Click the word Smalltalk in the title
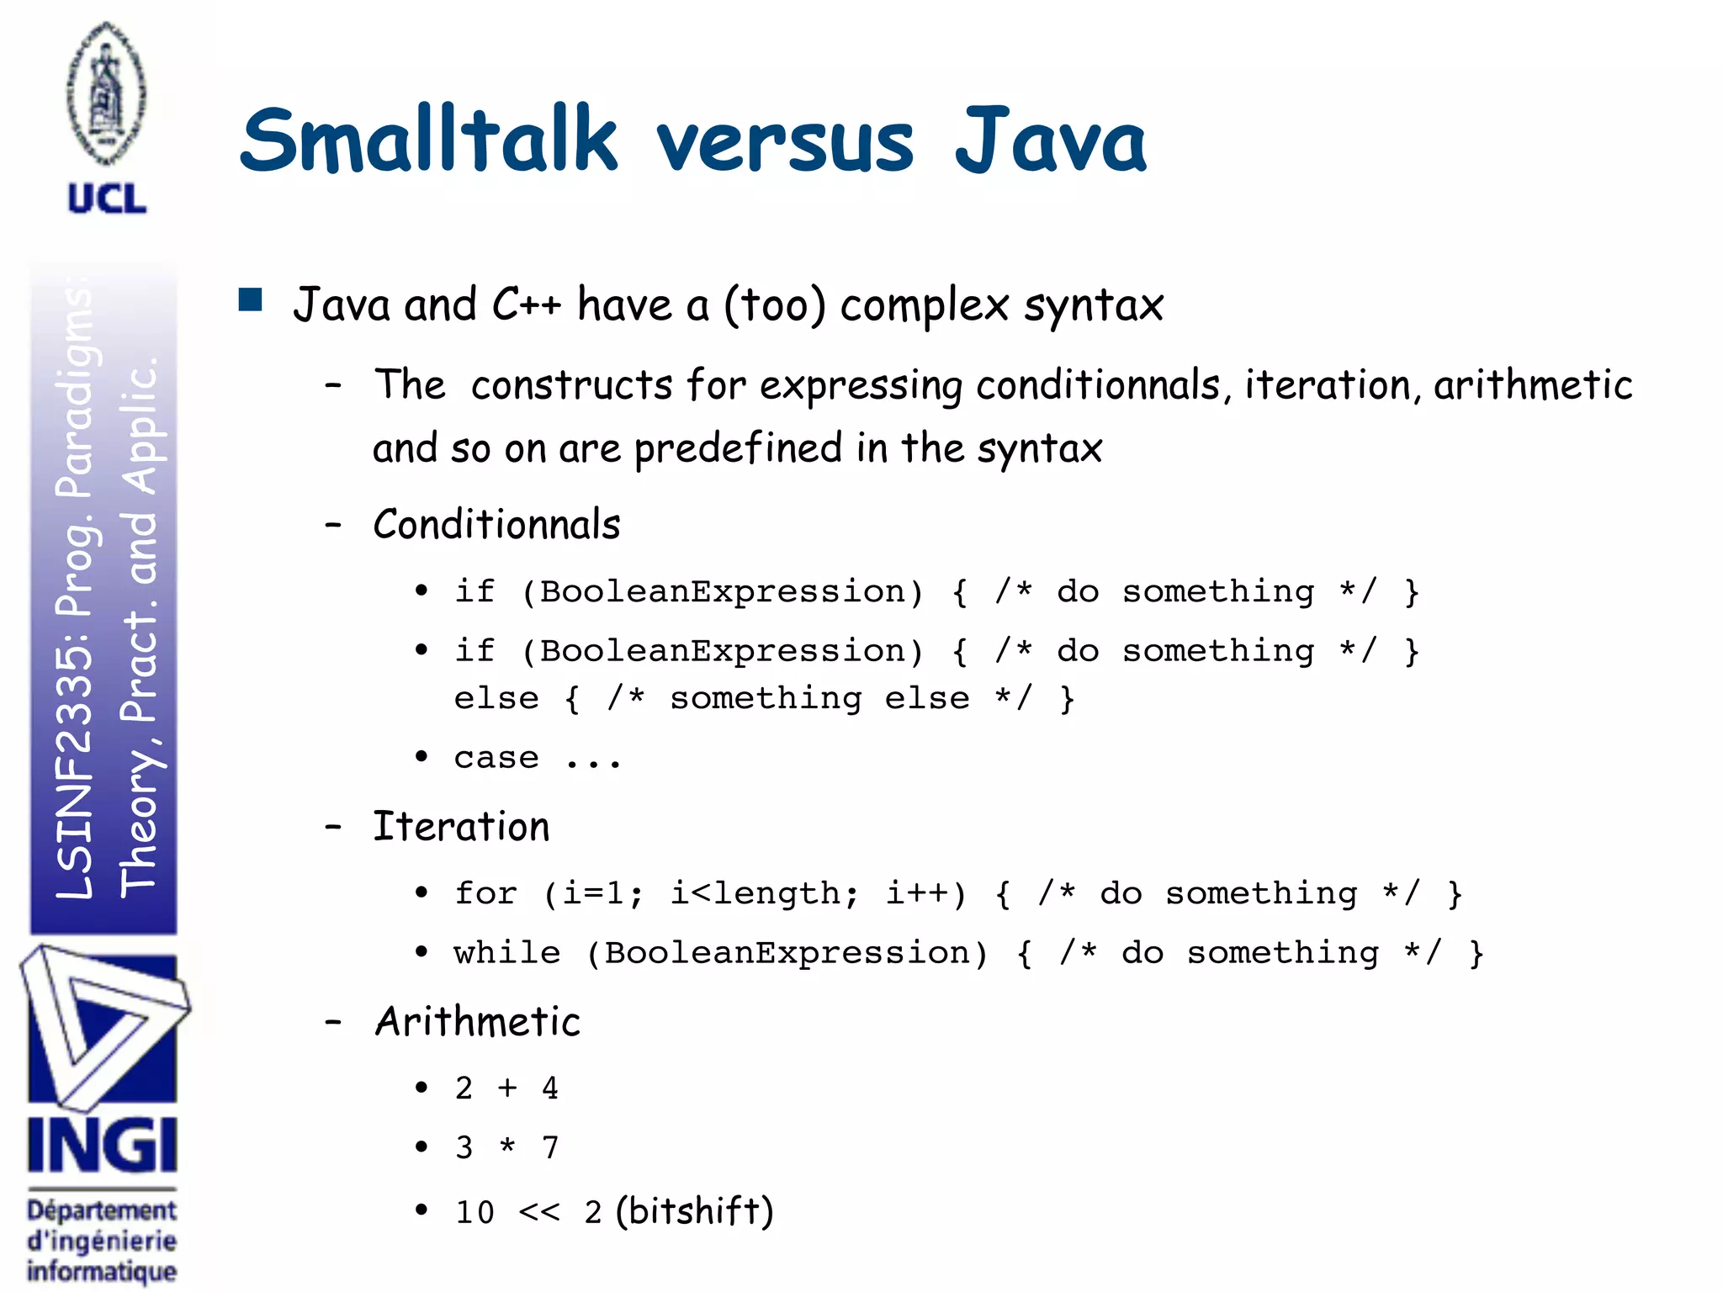429,140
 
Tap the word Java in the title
1050,140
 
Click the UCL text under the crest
107,199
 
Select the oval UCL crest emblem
107,93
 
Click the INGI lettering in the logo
102,1146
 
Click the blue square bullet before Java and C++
251,300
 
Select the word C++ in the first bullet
527,304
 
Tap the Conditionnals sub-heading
496,525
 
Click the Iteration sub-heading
461,827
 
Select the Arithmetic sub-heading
477,1022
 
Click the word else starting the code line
496,699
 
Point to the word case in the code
496,759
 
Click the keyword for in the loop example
485,893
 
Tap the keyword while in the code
506,953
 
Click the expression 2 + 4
506,1088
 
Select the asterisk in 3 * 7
507,1147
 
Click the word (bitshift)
694,1211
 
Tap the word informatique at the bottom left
102,1271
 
